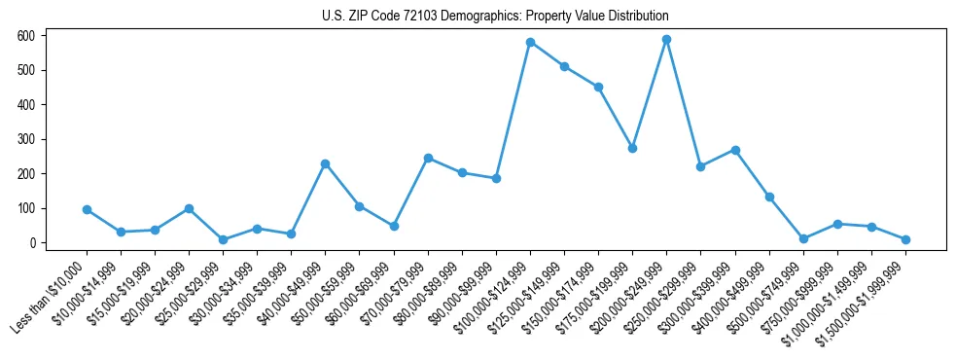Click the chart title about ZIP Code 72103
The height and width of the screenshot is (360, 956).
(x=495, y=17)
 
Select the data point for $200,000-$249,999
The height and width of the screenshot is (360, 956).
(x=667, y=40)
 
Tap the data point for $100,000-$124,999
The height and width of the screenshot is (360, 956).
(x=530, y=42)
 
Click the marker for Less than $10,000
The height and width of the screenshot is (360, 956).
(x=87, y=209)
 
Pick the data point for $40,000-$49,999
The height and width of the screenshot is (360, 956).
(x=326, y=163)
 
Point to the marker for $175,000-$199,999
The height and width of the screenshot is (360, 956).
(x=632, y=148)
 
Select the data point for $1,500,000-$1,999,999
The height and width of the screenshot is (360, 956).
(x=905, y=239)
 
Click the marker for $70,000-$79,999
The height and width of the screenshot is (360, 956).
(x=428, y=158)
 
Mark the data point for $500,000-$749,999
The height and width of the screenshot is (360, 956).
(x=803, y=238)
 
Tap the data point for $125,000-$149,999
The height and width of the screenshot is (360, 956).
(x=564, y=66)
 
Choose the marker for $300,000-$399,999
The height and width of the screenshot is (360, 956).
(x=735, y=150)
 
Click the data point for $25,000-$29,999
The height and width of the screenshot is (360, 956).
(x=223, y=239)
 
